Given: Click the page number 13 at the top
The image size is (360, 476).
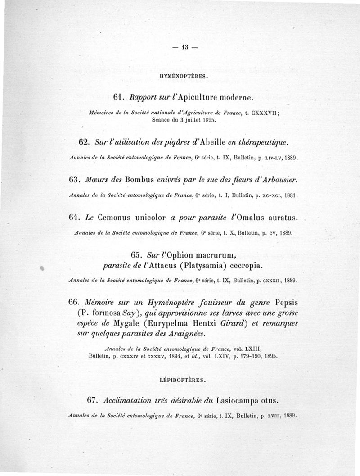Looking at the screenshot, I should click(184, 47).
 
